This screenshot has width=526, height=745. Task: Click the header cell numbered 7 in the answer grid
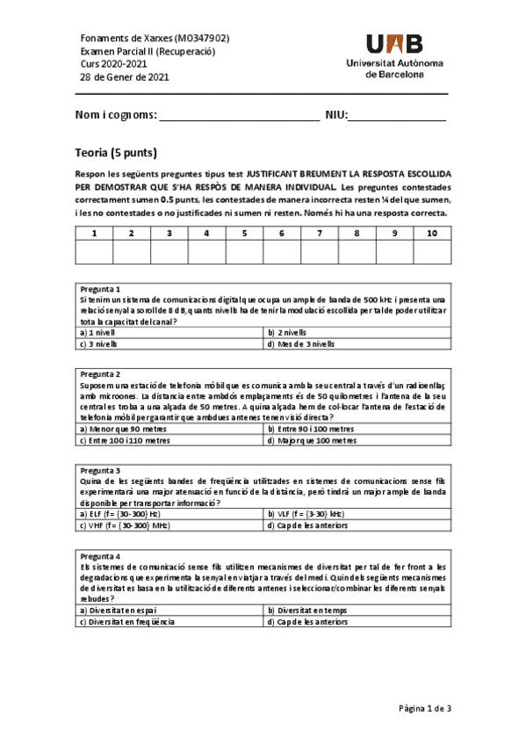[320, 233]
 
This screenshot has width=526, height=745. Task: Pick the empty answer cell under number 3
[169, 252]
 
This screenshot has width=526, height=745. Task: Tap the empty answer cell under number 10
[432, 252]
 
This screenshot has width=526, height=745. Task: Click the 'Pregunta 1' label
[99, 289]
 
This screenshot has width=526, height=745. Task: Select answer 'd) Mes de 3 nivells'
[300, 344]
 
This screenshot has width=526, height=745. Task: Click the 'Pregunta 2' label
[99, 374]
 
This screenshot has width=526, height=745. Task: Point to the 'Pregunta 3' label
[99, 471]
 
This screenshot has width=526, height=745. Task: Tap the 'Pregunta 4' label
[99, 556]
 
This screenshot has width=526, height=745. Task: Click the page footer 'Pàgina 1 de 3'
[424, 707]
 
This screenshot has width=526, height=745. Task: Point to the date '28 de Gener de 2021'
[125, 77]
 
